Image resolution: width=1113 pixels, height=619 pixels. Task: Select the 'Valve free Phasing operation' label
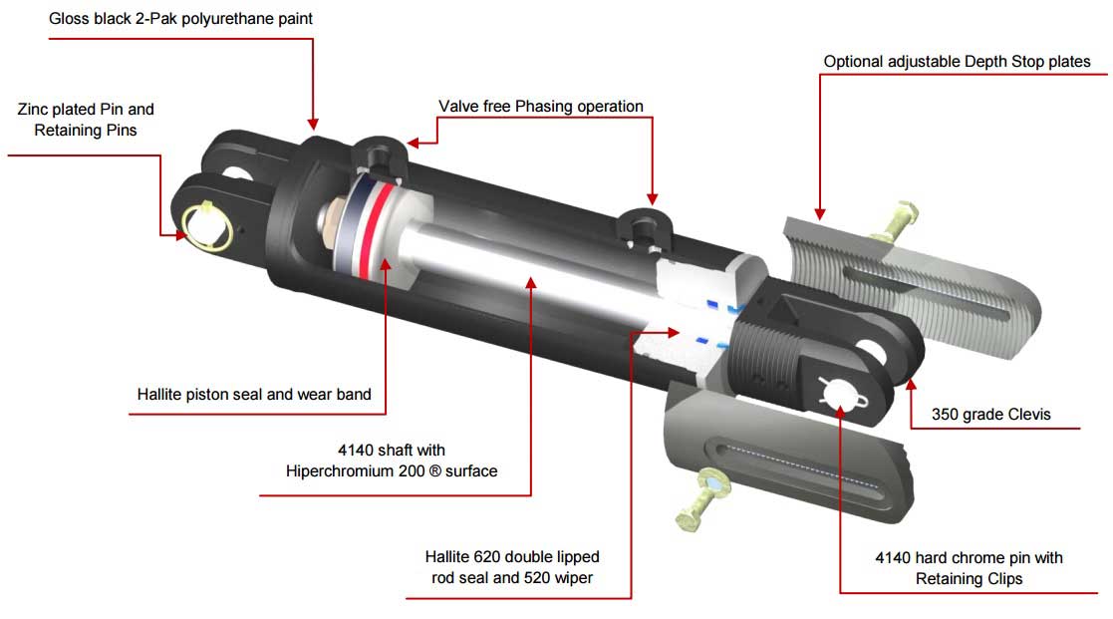(541, 106)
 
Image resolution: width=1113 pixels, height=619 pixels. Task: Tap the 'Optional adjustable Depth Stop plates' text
(957, 62)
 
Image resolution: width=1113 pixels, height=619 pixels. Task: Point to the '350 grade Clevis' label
(990, 414)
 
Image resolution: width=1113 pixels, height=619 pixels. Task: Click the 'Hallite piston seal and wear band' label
(254, 394)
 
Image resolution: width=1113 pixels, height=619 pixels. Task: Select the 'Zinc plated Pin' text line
(86, 109)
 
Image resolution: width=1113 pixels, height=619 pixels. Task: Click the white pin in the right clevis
(841, 393)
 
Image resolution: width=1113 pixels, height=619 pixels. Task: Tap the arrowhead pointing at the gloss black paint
(313, 124)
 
